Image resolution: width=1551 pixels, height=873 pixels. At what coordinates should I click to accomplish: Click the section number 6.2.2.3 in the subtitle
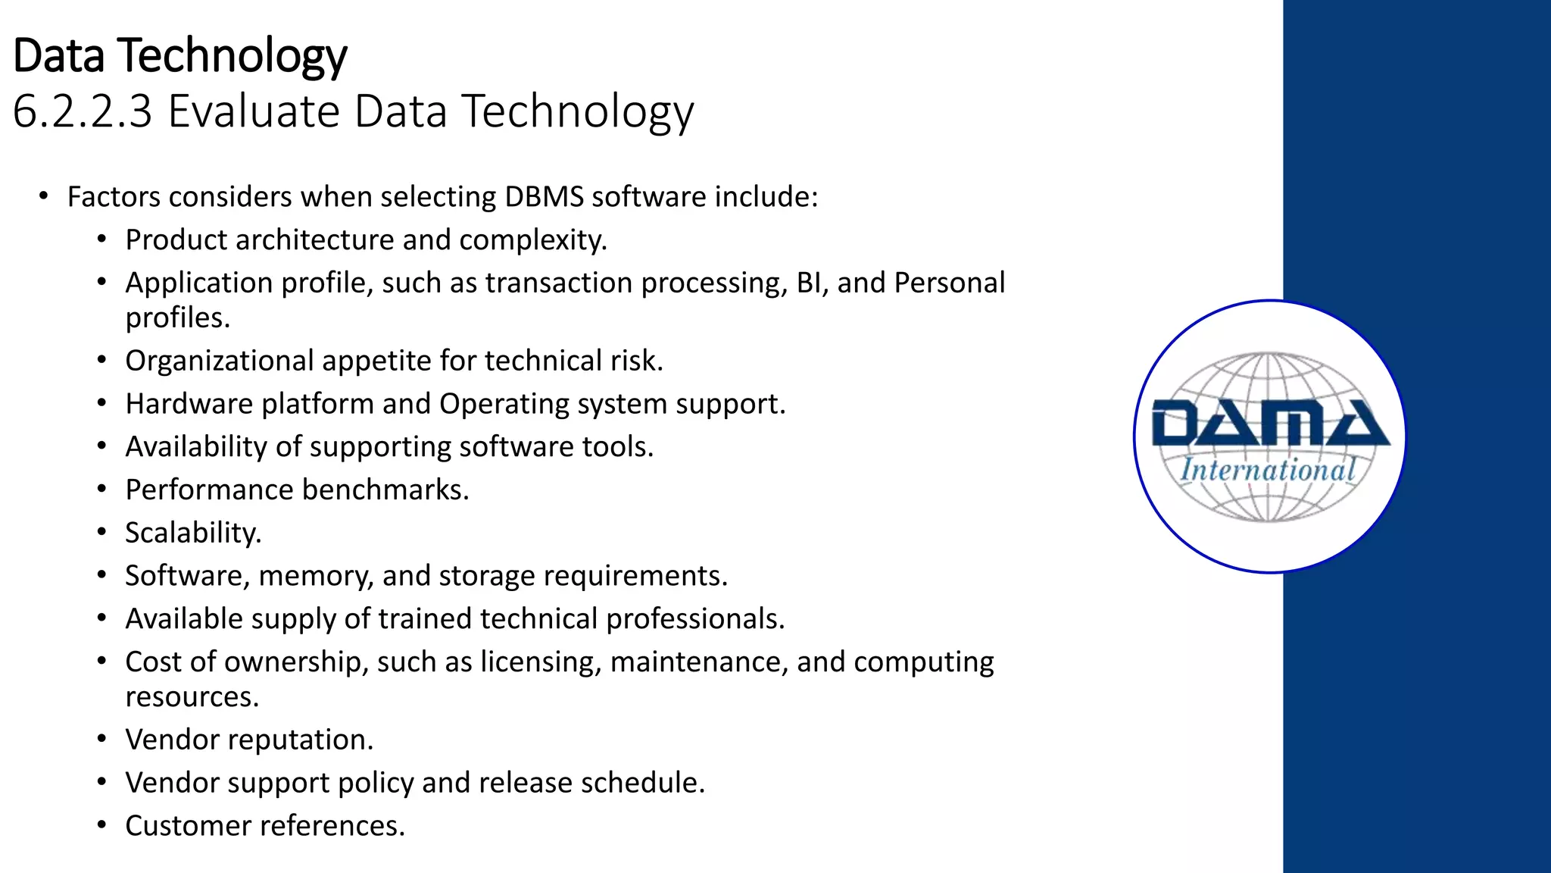pyautogui.click(x=83, y=111)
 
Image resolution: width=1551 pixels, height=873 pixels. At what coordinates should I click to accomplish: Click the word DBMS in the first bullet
pyautogui.click(x=544, y=197)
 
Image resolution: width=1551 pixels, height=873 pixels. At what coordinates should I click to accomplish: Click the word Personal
pyautogui.click(x=950, y=283)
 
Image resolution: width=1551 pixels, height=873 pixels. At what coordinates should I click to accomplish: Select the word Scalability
pyautogui.click(x=193, y=533)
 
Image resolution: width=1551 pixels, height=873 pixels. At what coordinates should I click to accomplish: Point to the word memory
pyautogui.click(x=316, y=576)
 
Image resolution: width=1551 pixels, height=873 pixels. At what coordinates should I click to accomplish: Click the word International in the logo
pyautogui.click(x=1268, y=470)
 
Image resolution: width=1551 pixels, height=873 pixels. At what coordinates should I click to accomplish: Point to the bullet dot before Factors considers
pyautogui.click(x=44, y=196)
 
